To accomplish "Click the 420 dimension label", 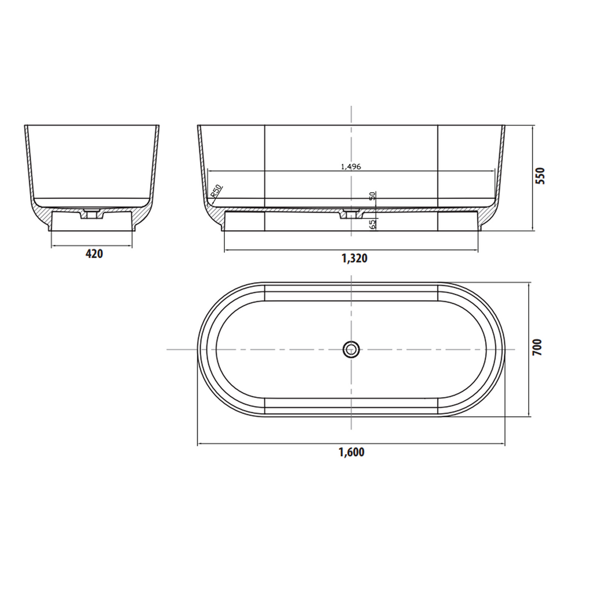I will [94, 253].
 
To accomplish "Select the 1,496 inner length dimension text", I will [351, 166].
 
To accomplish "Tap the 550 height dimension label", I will [540, 175].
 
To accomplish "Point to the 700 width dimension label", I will [538, 349].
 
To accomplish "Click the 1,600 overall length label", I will [351, 452].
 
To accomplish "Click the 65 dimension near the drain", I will [372, 224].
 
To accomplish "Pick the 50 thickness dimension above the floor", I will [372, 195].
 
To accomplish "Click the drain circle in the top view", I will [350, 349].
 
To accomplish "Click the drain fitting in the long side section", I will [350, 214].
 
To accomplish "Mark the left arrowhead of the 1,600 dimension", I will [201, 444].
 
